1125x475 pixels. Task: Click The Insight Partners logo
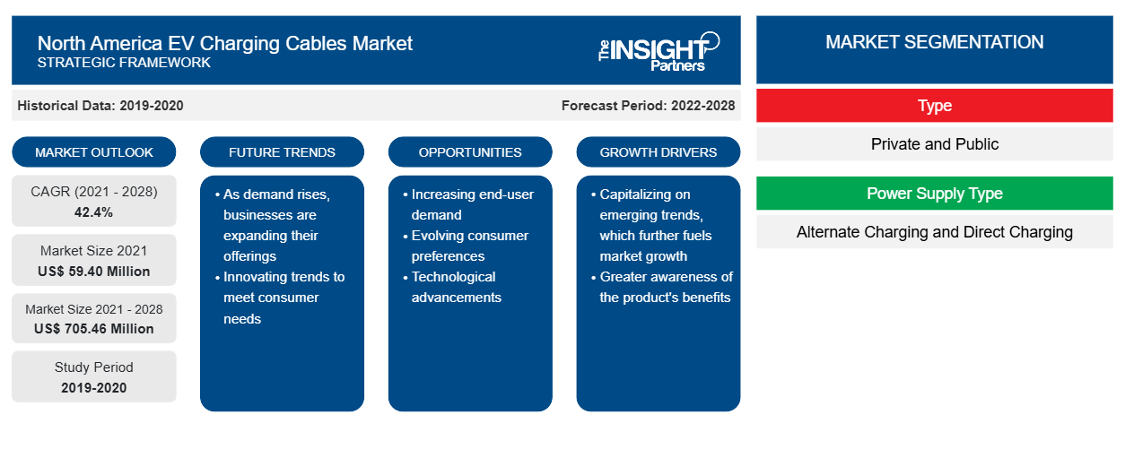coord(658,52)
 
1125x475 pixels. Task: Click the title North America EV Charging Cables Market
coord(224,43)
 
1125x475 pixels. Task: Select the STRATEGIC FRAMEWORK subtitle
coord(124,63)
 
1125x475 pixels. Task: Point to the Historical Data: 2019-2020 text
coord(100,106)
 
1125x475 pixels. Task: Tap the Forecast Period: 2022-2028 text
coord(648,106)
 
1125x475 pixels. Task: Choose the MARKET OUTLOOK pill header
coord(94,152)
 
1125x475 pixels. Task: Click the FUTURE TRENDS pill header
coord(282,152)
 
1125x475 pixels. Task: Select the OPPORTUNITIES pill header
coord(470,152)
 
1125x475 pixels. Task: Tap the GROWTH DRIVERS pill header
coord(658,152)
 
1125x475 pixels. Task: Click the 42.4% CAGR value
coord(94,212)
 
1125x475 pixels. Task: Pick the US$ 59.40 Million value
coord(94,272)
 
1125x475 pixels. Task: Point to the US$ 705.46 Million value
coord(94,329)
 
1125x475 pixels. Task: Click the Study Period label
coord(94,367)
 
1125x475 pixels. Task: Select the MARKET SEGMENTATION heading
coord(934,42)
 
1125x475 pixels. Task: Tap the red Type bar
coord(935,106)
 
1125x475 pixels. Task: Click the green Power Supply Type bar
coord(935,193)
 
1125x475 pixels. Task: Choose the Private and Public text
coord(935,144)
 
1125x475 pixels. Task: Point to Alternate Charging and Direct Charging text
coord(935,232)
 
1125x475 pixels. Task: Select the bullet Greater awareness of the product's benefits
coord(662,287)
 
